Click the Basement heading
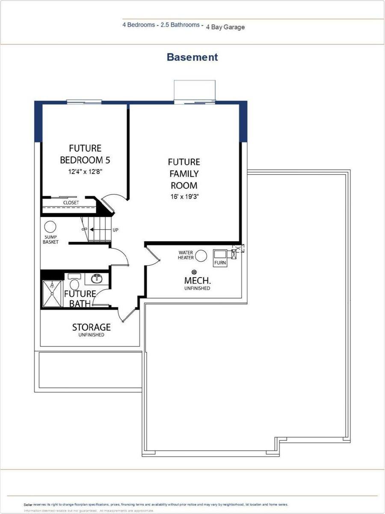(192, 57)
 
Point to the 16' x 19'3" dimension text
(184, 197)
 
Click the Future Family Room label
(184, 173)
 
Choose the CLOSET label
(71, 203)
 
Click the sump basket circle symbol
(50, 227)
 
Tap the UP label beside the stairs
(115, 230)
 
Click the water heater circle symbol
(201, 256)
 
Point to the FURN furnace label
(220, 263)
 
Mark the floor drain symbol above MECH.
(194, 272)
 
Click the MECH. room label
(197, 281)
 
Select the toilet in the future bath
(75, 284)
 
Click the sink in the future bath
(96, 279)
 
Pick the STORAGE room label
(91, 327)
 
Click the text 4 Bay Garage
(225, 27)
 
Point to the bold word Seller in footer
(28, 505)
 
